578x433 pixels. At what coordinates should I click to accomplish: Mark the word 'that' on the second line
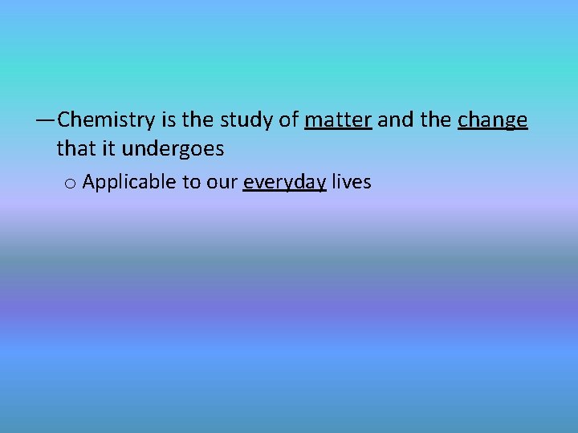(x=75, y=149)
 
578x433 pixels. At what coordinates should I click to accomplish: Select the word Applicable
(x=129, y=183)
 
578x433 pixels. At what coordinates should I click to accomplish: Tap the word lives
(x=352, y=182)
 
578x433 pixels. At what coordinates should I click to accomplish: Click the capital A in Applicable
(x=89, y=182)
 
